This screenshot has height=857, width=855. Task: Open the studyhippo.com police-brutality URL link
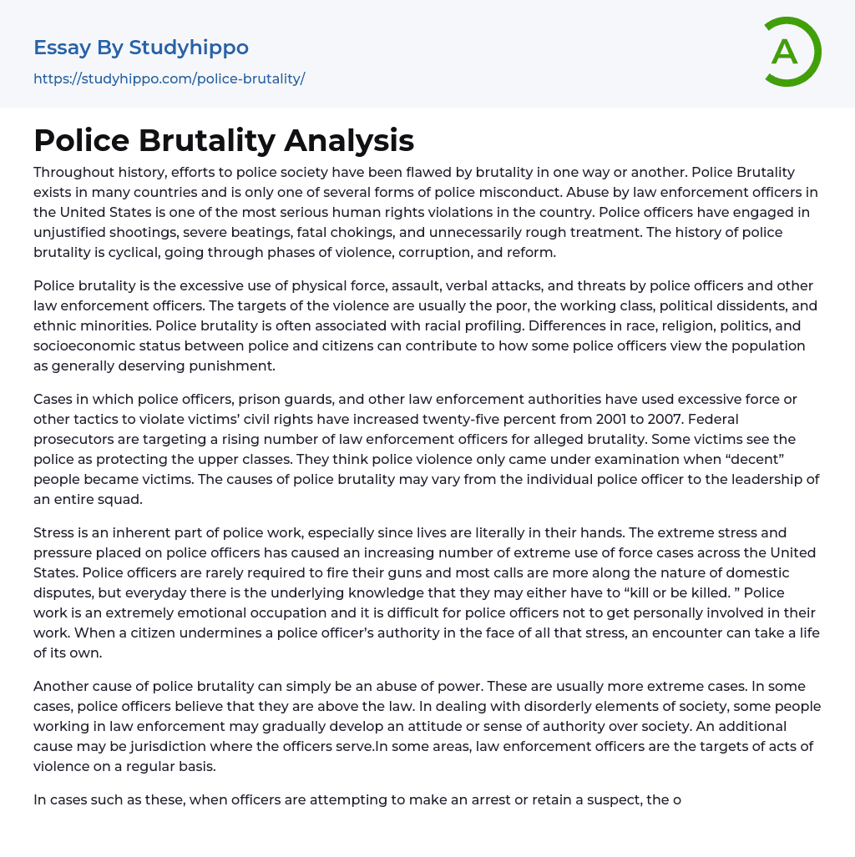169,79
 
